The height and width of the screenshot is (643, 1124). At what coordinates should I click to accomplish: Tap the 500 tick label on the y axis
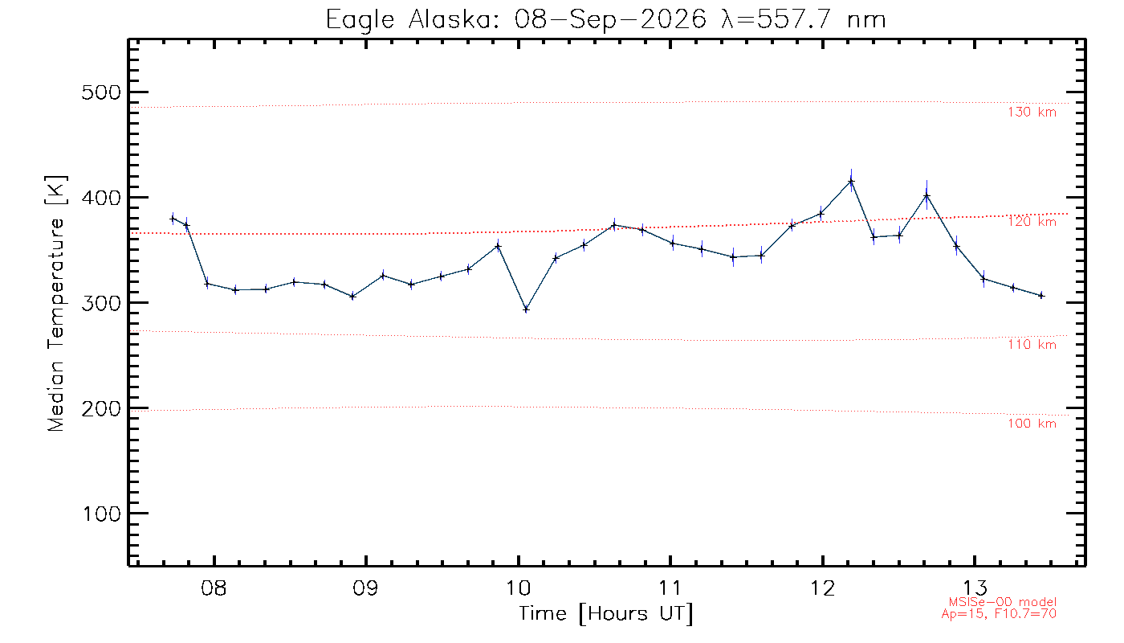click(x=101, y=92)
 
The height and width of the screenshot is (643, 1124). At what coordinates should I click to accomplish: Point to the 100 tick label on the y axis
click(x=101, y=514)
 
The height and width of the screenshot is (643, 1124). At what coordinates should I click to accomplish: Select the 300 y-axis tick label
click(x=101, y=304)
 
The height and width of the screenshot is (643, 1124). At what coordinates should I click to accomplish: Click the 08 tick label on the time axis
click(x=214, y=588)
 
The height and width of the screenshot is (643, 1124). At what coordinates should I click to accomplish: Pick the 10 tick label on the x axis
click(x=518, y=588)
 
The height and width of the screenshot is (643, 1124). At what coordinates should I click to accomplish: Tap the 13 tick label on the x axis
click(x=975, y=588)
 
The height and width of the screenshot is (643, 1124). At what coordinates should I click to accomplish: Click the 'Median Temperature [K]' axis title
click(x=55, y=303)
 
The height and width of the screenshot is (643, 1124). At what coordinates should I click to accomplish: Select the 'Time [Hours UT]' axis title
click(x=605, y=614)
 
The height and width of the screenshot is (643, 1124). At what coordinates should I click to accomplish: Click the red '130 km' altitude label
click(x=1032, y=112)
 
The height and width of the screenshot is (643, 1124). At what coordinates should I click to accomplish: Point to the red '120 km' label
click(x=1032, y=222)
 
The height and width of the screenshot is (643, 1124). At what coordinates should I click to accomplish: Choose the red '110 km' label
click(x=1032, y=345)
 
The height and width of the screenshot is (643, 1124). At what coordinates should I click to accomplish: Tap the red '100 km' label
click(x=1032, y=424)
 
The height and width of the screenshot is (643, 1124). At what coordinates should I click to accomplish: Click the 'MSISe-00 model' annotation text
click(x=1003, y=602)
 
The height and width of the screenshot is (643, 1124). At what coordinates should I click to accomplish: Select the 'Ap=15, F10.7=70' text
click(x=999, y=614)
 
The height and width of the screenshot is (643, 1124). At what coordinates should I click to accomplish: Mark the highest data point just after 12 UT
click(x=851, y=182)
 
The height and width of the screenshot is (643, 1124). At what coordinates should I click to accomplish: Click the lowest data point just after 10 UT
click(x=526, y=309)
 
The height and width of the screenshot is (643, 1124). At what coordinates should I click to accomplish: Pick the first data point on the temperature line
click(x=173, y=219)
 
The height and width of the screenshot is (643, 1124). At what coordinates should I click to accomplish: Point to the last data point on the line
click(x=1041, y=296)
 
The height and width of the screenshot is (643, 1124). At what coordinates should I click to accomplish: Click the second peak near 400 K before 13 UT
click(x=926, y=195)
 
